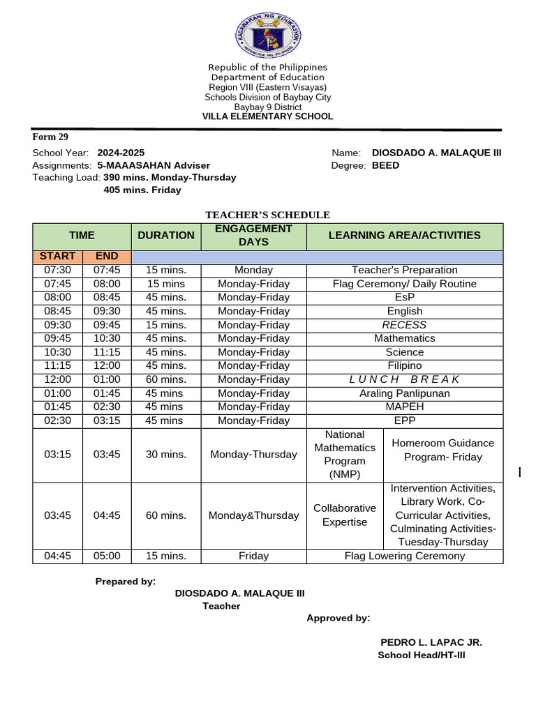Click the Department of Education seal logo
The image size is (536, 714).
(268, 35)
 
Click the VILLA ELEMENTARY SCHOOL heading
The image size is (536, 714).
(267, 116)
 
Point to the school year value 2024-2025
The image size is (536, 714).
(121, 153)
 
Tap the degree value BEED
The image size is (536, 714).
(385, 165)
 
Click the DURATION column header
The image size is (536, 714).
(166, 236)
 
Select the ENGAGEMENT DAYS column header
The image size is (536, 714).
(253, 236)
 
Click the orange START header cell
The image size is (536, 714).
(57, 257)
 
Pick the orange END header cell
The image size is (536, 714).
(107, 257)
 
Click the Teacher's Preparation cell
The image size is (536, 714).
(405, 270)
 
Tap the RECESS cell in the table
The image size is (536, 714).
(405, 325)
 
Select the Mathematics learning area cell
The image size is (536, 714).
(405, 338)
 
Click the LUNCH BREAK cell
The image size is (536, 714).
(405, 379)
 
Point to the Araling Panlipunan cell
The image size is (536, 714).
(405, 393)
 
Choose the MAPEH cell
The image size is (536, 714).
(405, 407)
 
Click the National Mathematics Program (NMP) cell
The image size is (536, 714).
(345, 455)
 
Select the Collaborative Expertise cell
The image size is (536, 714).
(345, 515)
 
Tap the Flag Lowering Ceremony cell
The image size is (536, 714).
(405, 556)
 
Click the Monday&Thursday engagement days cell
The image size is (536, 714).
(253, 515)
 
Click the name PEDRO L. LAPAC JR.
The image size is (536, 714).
(431, 642)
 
